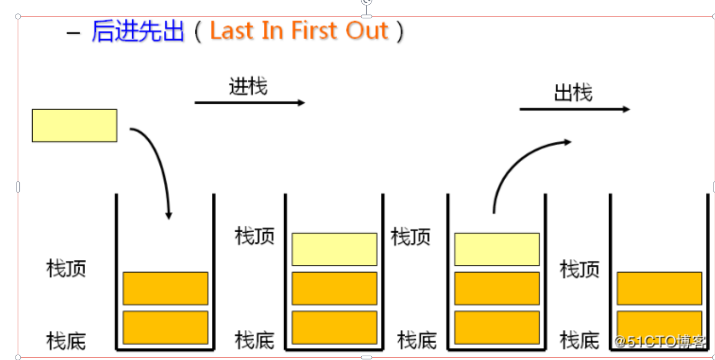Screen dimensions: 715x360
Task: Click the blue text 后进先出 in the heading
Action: (138, 31)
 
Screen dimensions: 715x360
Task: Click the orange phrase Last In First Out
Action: (299, 31)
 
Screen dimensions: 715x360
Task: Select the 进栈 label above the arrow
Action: (248, 87)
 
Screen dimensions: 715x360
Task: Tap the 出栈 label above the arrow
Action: (573, 93)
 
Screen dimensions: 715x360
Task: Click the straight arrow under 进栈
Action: (249, 102)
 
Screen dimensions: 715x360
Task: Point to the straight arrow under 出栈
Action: (574, 109)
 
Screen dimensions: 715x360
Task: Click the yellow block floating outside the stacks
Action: (74, 126)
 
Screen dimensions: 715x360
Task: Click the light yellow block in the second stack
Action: (334, 249)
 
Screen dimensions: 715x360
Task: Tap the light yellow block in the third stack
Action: (497, 249)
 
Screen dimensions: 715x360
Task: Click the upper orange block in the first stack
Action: (165, 288)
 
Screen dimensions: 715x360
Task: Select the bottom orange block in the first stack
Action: (165, 327)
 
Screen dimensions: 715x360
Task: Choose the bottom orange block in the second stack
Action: (334, 327)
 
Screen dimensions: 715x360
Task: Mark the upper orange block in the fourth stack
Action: (659, 288)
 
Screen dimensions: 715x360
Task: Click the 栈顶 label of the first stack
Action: (66, 269)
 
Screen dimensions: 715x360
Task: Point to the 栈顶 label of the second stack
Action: (255, 236)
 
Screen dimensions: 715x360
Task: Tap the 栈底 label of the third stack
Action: (417, 340)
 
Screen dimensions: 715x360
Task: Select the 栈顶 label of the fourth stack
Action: (580, 269)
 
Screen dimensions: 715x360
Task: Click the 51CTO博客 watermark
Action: (660, 341)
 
